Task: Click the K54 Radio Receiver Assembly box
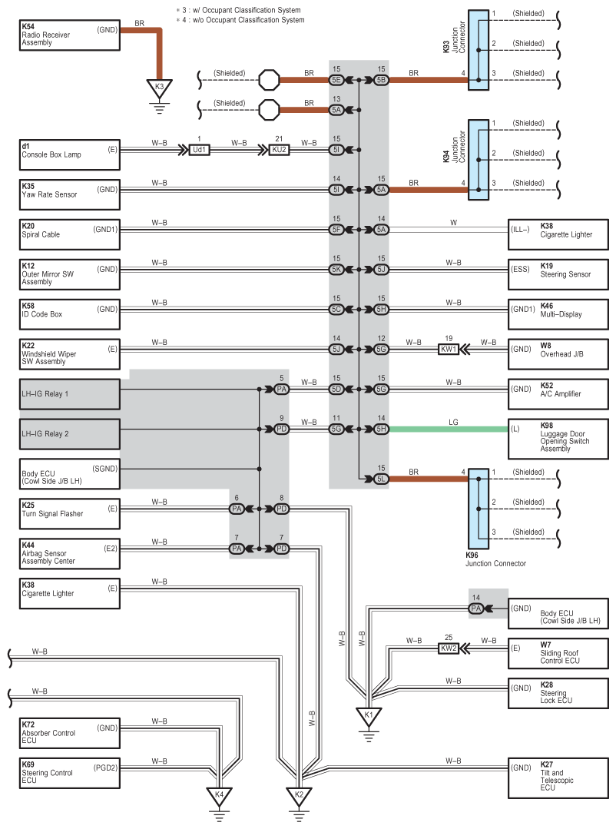70,35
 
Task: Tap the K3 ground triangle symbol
159,88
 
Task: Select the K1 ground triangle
369,716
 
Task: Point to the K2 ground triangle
299,796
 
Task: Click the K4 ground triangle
219,796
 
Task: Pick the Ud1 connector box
199,150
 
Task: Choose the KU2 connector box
279,150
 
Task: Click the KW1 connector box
449,349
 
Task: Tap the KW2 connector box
449,648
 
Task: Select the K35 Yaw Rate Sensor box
70,194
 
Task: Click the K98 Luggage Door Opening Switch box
558,439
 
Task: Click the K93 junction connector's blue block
479,50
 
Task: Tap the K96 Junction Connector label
495,559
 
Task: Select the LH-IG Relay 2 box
70,434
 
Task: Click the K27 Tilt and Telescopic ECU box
558,778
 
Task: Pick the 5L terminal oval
381,479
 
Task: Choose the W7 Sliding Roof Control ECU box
558,654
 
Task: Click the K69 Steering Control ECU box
70,773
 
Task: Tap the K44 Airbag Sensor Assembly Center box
70,553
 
